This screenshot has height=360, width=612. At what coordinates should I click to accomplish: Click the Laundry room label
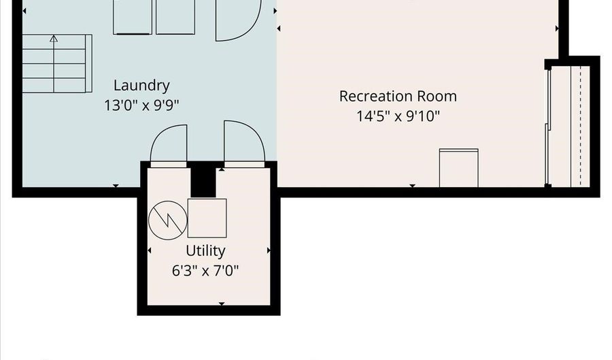tap(141, 86)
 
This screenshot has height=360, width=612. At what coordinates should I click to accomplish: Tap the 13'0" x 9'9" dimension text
tap(141, 105)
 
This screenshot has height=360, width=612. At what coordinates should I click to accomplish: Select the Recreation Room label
tap(398, 96)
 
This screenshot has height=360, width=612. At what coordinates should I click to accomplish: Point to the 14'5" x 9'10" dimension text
tap(398, 116)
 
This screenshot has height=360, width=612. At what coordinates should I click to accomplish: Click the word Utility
tap(205, 251)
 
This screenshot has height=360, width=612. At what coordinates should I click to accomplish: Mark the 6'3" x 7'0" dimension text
tap(205, 270)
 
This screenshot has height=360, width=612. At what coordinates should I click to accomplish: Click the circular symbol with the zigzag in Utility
tap(168, 220)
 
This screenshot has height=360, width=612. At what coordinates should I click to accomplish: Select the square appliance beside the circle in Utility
tap(207, 218)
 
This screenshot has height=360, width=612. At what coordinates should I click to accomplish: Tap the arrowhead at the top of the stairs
tap(54, 38)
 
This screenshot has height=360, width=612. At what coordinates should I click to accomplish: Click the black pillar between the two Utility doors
tap(203, 182)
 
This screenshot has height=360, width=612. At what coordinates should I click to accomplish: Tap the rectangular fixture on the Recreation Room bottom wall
tap(458, 168)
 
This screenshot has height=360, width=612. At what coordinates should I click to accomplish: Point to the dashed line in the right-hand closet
tap(581, 126)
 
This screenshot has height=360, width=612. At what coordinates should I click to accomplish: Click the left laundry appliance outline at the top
tap(133, 17)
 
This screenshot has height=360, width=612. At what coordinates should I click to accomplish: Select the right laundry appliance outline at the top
tap(175, 17)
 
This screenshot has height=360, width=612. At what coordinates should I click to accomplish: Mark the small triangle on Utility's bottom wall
tap(222, 304)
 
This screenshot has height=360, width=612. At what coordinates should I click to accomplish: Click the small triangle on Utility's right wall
tap(269, 250)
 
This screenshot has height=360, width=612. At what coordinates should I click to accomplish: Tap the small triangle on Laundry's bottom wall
tap(116, 186)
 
